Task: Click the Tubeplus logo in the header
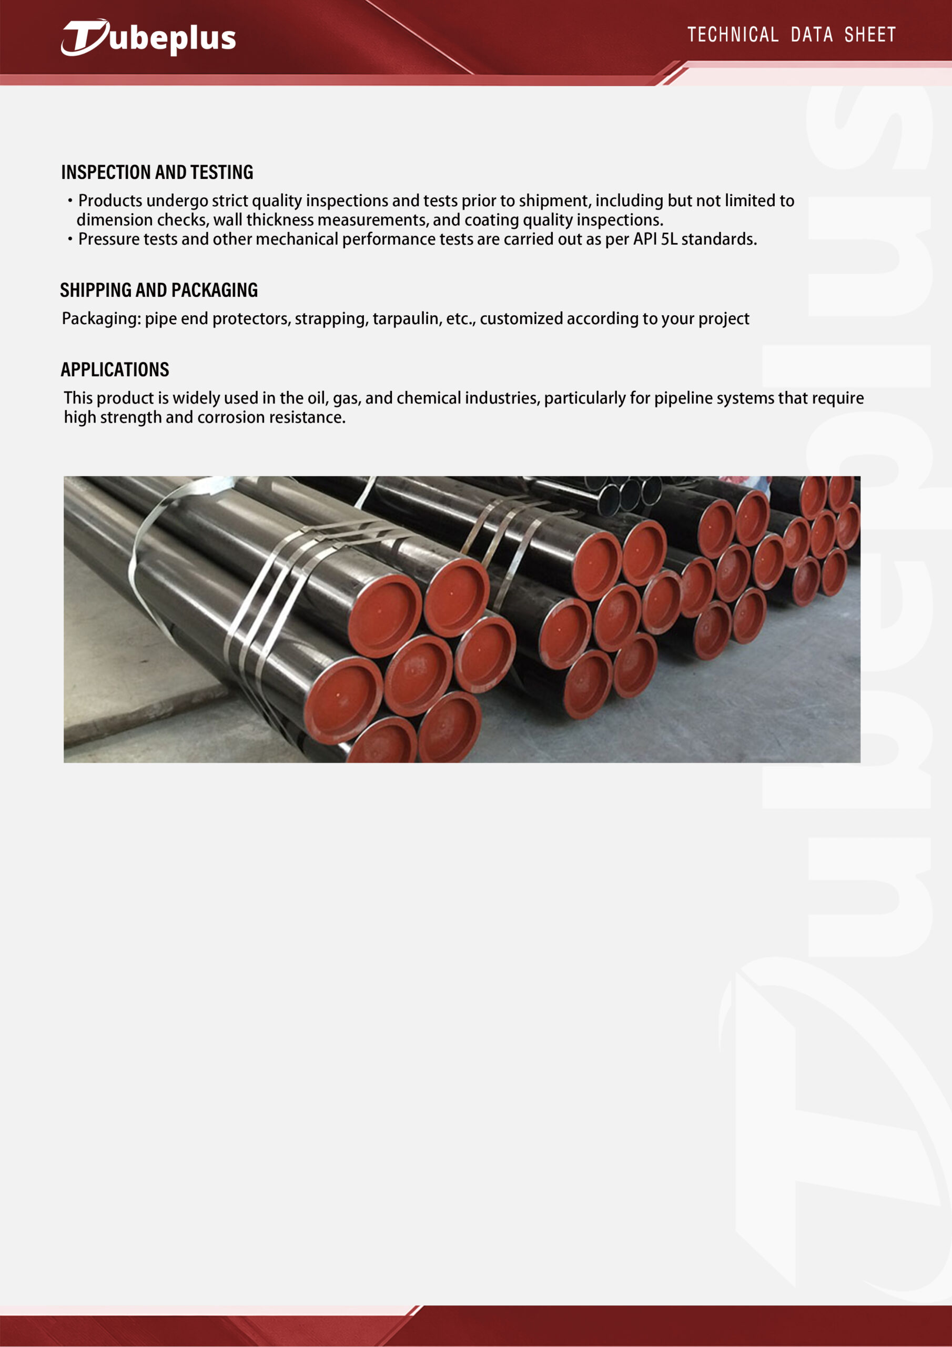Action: tap(148, 37)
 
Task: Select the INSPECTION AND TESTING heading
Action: tap(157, 172)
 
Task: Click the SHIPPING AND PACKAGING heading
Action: tap(158, 290)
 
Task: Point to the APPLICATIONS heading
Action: tap(115, 369)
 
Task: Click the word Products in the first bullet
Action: tap(110, 200)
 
